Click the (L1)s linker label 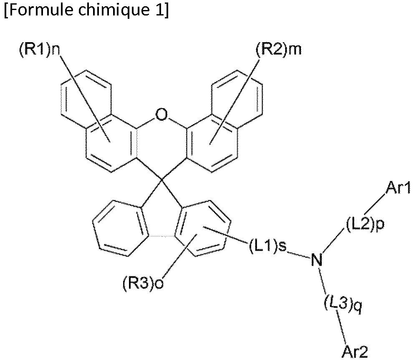pos(268,247)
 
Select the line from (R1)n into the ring pos(83,96)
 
